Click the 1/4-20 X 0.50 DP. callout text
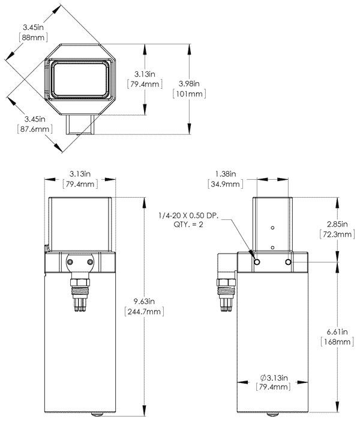point(194,215)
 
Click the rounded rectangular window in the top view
point(80,79)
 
